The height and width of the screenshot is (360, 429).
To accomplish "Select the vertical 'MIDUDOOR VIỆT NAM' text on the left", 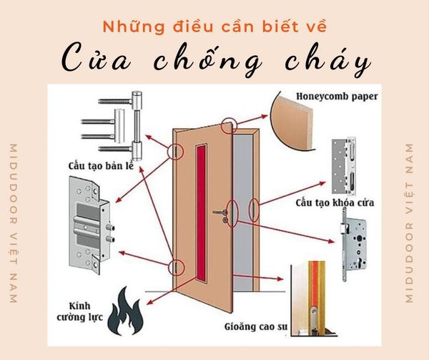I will [14, 223].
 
